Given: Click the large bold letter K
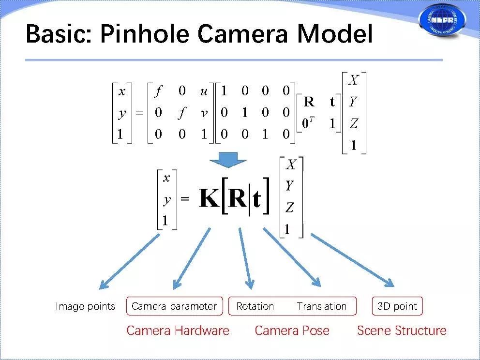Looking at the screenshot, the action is pyautogui.click(x=209, y=199).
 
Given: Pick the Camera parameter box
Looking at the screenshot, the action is pyautogui.click(x=174, y=306).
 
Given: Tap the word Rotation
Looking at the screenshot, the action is pyautogui.click(x=255, y=306).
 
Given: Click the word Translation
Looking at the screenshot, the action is pyautogui.click(x=322, y=306).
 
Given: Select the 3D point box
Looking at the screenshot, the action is pyautogui.click(x=397, y=306).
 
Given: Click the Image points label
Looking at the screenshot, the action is pyautogui.click(x=85, y=306).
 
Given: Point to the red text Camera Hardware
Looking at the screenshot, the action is pyautogui.click(x=178, y=331).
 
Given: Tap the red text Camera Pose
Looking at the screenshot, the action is pyautogui.click(x=292, y=331).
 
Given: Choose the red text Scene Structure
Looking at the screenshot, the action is pyautogui.click(x=402, y=331).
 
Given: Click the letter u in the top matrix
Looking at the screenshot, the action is pyautogui.click(x=204, y=91).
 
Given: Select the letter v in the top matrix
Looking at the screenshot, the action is pyautogui.click(x=204, y=113).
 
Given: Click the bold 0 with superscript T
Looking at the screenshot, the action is pyautogui.click(x=307, y=124).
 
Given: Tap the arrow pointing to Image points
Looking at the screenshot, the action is pyautogui.click(x=128, y=261).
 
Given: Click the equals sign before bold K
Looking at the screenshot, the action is pyautogui.click(x=185, y=199).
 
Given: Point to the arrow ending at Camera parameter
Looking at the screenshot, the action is pyautogui.click(x=192, y=258).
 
